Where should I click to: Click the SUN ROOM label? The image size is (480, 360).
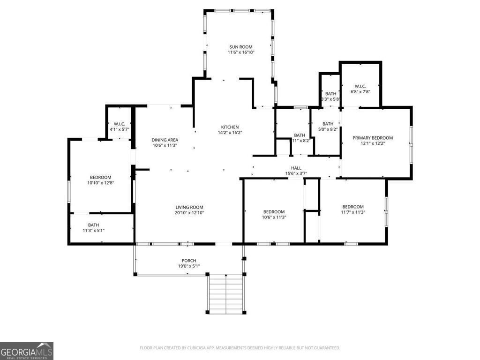click(x=241, y=47)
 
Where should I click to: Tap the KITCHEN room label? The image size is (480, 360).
click(x=230, y=127)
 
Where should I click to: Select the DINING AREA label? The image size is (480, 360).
click(x=165, y=140)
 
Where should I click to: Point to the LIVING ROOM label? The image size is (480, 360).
click(x=189, y=207)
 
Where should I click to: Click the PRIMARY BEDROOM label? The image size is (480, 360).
click(x=373, y=138)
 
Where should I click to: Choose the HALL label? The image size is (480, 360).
click(x=296, y=168)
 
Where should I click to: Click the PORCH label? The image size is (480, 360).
click(x=189, y=261)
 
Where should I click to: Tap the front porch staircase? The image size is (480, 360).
click(x=226, y=294)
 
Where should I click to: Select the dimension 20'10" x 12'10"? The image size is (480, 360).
click(x=189, y=213)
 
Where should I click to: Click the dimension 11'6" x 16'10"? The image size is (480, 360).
click(x=241, y=52)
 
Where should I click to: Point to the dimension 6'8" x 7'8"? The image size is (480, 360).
click(x=360, y=92)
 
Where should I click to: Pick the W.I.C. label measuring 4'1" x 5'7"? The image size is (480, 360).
click(x=119, y=124)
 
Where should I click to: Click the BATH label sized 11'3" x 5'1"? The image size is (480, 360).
click(x=93, y=225)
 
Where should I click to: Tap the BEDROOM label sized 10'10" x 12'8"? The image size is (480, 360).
click(x=100, y=177)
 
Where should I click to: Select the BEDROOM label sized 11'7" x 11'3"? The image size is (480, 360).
click(x=352, y=207)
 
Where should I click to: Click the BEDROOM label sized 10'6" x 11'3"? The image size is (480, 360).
click(x=274, y=211)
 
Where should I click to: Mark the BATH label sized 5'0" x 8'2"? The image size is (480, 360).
click(x=328, y=124)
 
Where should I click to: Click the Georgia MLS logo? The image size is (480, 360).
click(x=27, y=351)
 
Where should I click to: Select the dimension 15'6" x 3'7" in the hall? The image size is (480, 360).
click(x=296, y=173)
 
